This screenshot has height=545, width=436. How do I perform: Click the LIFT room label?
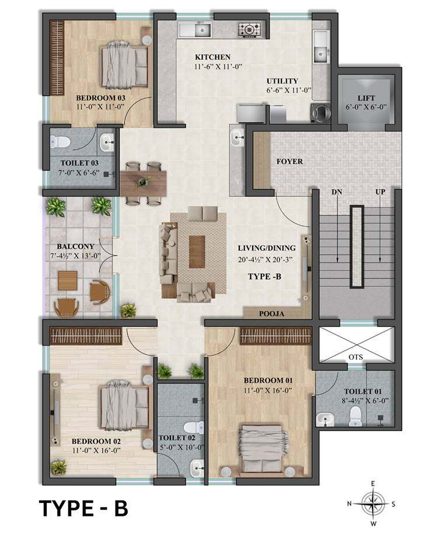(x=366, y=98)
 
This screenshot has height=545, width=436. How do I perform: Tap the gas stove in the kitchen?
(x=249, y=29)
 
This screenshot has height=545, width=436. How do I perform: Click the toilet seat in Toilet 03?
(x=60, y=142)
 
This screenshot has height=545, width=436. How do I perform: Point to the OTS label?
(x=355, y=357)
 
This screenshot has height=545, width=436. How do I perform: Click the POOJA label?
(x=271, y=314)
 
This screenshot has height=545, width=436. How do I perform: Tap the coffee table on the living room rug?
(x=197, y=252)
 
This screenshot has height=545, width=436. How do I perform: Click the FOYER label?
(x=289, y=162)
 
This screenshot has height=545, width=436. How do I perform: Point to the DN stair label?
(x=337, y=192)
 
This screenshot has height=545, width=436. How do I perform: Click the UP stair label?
(x=380, y=192)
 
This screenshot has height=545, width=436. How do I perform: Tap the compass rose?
(x=373, y=504)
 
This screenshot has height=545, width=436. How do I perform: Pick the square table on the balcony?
(x=68, y=280)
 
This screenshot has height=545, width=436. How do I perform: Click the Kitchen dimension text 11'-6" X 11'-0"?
(x=218, y=67)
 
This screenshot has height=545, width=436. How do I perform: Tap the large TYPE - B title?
(x=83, y=508)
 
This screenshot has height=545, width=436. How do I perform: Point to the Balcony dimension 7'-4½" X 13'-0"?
(x=75, y=256)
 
